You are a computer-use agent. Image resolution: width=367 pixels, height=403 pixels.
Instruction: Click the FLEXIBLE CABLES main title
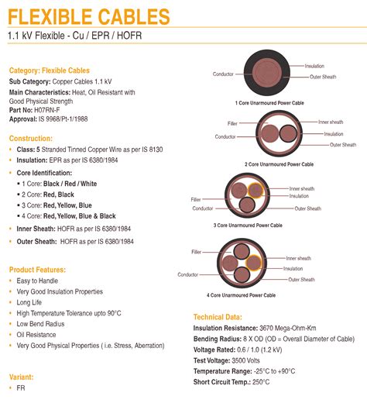[x=89, y=15]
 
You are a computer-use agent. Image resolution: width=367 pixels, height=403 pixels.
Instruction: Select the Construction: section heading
[x=31, y=138]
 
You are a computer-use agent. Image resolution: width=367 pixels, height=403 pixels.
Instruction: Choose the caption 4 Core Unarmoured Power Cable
[x=241, y=295]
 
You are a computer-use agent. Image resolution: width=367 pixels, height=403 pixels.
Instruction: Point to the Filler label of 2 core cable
[x=232, y=123]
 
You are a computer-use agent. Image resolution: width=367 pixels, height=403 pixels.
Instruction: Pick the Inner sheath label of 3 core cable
[x=302, y=188]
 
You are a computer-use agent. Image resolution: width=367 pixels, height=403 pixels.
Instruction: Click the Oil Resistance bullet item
[x=37, y=335]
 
